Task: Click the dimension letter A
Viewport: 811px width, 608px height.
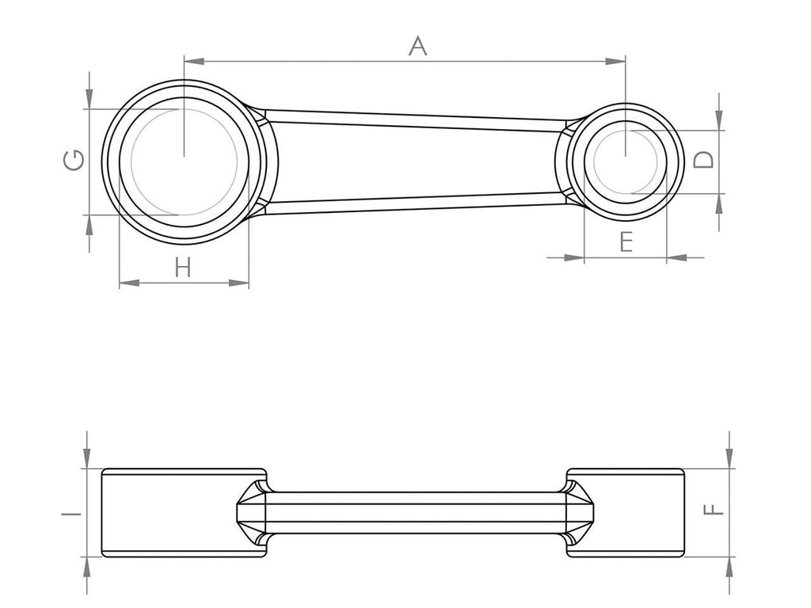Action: coord(417,46)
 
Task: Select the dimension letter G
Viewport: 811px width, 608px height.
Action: coord(74,161)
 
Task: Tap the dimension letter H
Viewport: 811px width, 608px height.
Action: coord(183,268)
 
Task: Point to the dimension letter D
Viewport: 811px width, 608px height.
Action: coord(703,160)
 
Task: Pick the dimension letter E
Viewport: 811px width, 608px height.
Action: coord(626,241)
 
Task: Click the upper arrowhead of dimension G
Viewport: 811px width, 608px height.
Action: coord(89,100)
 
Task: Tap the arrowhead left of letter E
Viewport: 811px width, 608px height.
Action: coord(575,256)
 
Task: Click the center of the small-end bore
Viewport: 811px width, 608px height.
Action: coord(626,162)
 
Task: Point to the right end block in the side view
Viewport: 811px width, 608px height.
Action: coord(638,512)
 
